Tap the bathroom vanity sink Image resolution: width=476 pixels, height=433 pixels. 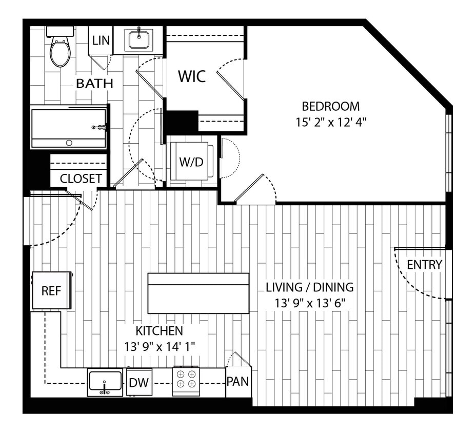pos(139,40)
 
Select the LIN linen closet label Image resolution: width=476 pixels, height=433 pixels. pos(101,40)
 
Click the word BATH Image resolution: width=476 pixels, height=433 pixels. pos(94,83)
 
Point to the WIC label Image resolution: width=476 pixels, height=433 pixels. pos(192,76)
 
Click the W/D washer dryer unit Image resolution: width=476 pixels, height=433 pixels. pos(191,162)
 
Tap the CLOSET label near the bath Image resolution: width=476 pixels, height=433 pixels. pos(81,179)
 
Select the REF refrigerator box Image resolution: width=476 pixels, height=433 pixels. pos(51,290)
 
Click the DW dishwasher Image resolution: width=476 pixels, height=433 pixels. pos(140,383)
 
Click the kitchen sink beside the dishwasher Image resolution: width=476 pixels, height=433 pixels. pos(105,382)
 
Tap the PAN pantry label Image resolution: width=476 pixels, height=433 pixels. pos(239,381)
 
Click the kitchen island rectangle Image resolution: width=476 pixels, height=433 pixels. pos(199,293)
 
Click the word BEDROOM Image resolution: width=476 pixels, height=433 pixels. pos(330,107)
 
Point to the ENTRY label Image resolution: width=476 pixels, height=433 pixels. pos(424,265)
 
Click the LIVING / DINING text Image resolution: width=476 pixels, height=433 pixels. pos(309,287)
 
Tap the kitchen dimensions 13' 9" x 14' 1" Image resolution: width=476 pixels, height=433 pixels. pos(159,346)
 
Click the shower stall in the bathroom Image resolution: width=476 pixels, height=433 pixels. pos(68,126)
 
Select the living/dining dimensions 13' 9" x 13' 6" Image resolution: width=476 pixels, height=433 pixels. pos(309,303)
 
